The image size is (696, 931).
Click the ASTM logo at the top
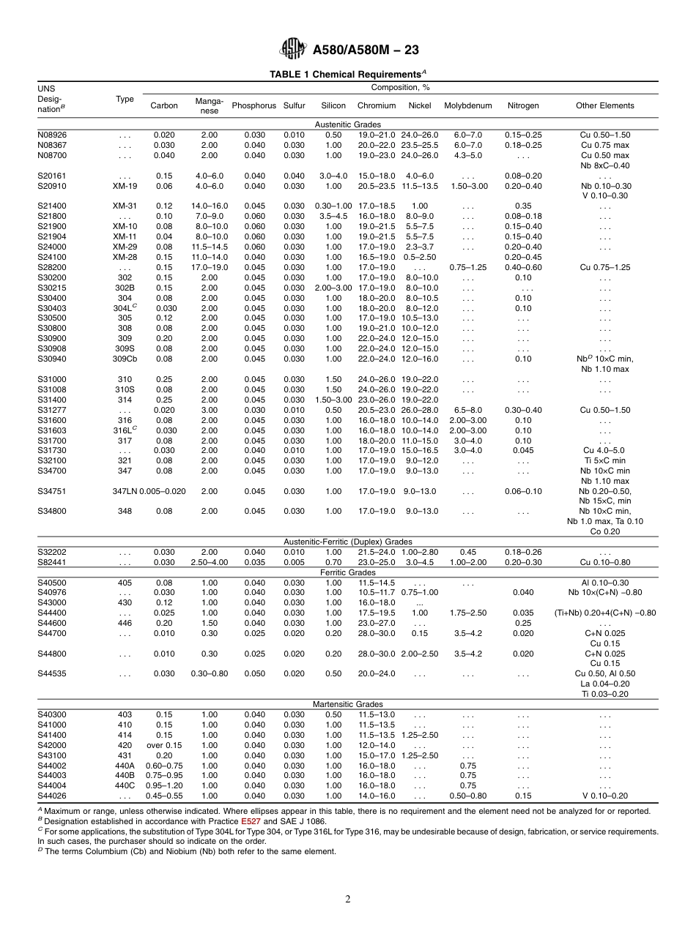[294, 49]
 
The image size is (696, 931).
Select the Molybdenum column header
[467, 105]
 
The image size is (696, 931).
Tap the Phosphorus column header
[253, 105]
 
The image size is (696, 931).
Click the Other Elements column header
[604, 105]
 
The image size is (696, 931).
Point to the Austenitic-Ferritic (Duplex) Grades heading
[348, 542]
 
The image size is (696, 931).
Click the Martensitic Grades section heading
[348, 704]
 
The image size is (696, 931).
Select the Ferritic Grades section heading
[348, 572]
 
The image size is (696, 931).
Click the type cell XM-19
[125, 186]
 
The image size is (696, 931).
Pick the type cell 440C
[125, 785]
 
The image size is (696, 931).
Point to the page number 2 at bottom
[348, 900]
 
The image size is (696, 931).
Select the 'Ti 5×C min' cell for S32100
[604, 461]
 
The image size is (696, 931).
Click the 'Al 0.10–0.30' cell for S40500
[604, 583]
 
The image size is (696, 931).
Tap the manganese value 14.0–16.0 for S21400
[209, 206]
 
